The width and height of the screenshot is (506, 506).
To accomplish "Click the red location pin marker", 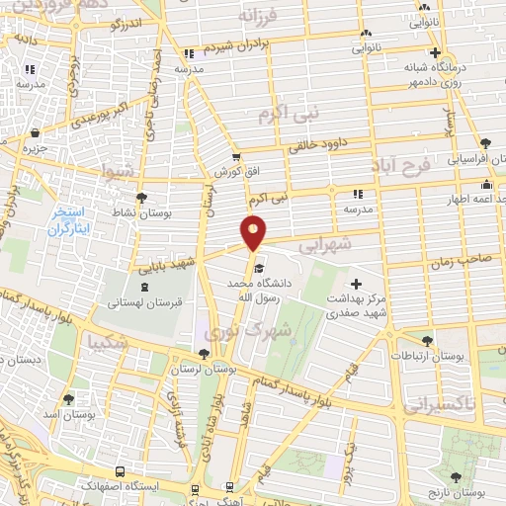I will [253, 232].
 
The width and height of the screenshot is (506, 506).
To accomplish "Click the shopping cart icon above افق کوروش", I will [235, 156].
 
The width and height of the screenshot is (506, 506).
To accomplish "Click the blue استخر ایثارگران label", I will [70, 220].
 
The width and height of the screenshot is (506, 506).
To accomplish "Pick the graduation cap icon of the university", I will [258, 268].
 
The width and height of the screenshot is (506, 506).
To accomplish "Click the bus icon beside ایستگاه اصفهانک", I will [119, 471].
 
